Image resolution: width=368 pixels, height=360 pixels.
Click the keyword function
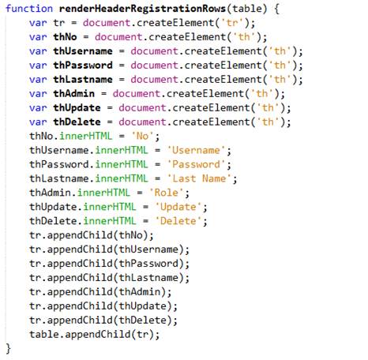coord(29,9)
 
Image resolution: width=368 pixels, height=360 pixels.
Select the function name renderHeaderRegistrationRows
coord(142,9)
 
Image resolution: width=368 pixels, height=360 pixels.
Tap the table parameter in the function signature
coord(247,9)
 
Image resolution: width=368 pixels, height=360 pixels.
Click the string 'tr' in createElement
coord(232,23)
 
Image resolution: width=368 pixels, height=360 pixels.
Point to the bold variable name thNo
coord(65,37)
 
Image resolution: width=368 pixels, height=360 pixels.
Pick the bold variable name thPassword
coord(83,66)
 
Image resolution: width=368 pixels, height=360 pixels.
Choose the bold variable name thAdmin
coord(74,94)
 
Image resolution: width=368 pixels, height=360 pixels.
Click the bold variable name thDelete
coord(77,122)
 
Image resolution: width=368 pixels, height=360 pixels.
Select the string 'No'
coord(142,137)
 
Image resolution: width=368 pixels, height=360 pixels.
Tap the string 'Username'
coord(196,151)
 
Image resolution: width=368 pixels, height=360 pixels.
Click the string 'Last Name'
coord(199,179)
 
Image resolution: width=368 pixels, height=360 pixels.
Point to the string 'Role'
coord(166,193)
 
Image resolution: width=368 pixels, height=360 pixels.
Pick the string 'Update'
coord(178,208)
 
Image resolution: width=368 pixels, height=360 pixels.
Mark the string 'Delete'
coord(178,222)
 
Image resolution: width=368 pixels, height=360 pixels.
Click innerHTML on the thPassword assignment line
coord(122,165)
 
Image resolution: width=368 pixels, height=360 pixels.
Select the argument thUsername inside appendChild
coord(148,250)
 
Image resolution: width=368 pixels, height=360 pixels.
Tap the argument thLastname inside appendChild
coord(148,279)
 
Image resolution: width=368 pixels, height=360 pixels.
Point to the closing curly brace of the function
coord(9,349)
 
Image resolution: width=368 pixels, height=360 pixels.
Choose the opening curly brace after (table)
coord(276,9)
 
